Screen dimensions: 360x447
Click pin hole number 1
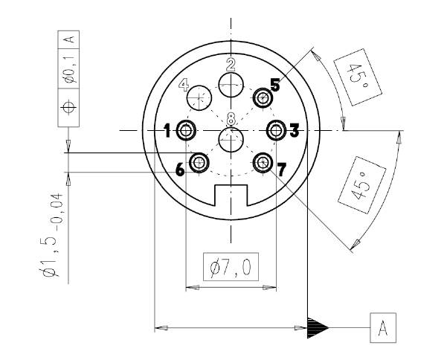[186, 132]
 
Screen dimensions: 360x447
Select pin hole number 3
[277, 132]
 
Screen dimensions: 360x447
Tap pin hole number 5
[263, 98]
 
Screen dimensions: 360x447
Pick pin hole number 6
[200, 162]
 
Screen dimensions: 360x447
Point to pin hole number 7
[263, 162]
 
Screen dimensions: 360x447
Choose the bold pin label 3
[294, 132]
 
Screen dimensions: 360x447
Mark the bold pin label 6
[180, 170]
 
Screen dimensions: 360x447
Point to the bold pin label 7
[282, 171]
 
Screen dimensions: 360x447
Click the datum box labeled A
[382, 327]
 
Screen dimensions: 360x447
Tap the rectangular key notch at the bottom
[231, 196]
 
